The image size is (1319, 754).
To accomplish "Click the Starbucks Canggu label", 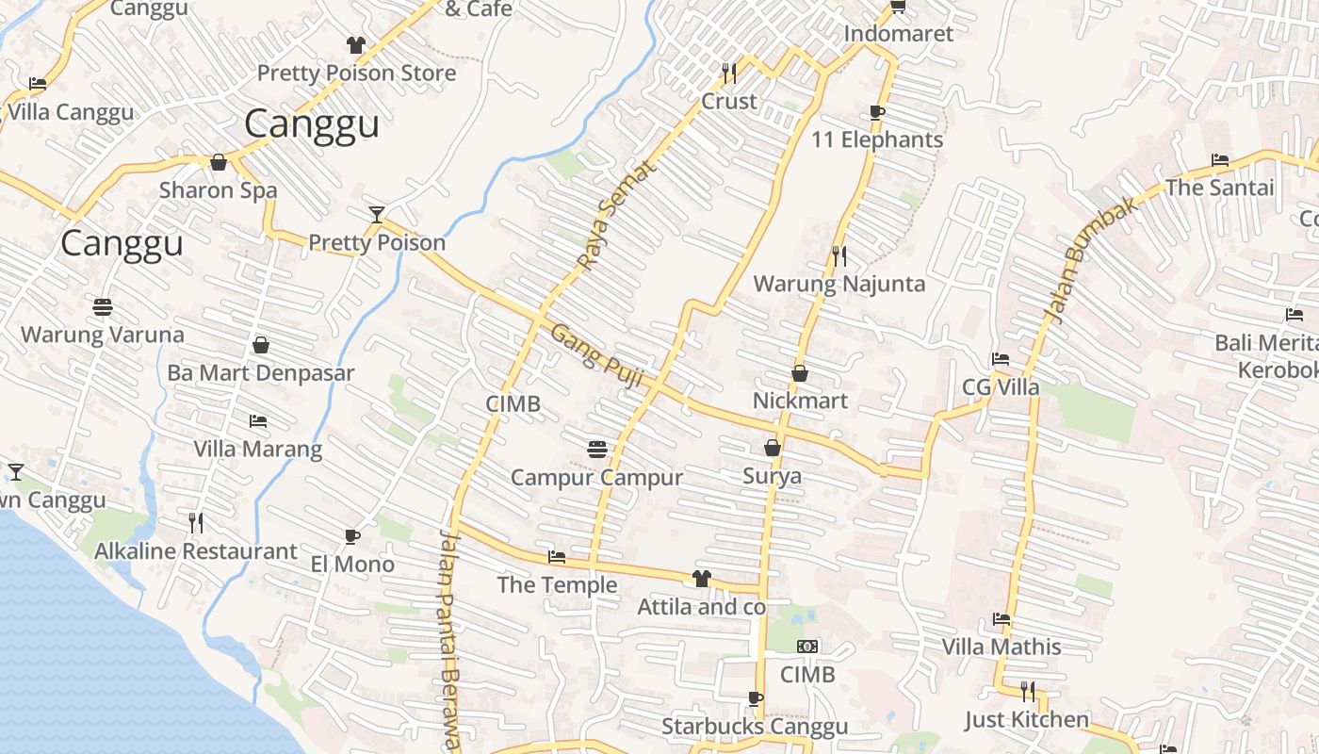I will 755,727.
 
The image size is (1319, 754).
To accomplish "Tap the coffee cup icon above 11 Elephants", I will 877,112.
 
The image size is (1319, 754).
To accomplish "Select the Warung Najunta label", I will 839,284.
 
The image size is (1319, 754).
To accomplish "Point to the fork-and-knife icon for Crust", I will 728,73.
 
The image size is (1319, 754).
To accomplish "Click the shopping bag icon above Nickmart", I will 800,373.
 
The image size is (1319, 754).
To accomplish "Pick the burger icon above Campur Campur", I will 596,450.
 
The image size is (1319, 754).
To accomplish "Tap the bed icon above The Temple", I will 557,557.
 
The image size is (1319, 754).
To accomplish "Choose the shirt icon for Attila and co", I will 701,579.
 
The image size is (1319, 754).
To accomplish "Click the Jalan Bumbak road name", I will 1091,260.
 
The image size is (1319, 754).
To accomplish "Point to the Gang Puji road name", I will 596,355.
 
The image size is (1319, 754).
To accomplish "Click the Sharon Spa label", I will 218,190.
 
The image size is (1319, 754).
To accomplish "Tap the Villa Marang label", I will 258,449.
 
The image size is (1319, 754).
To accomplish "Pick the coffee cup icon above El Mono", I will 352,536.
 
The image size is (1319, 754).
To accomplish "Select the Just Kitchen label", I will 1027,720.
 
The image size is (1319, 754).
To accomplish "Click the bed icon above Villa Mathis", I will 1001,619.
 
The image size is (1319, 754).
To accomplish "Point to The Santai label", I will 1219,188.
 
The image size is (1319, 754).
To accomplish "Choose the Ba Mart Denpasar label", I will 261,372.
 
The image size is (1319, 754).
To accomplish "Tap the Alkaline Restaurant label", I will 196,551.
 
